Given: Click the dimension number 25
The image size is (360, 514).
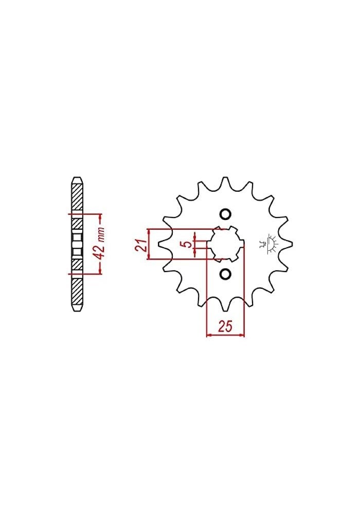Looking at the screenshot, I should tap(225, 326).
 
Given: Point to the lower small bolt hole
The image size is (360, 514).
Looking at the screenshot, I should tap(225, 273).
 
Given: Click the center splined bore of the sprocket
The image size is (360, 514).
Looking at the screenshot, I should tap(225, 244).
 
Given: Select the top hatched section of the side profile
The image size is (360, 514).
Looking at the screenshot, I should tap(76, 198).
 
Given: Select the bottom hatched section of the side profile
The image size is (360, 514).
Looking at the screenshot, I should tap(76, 290).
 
